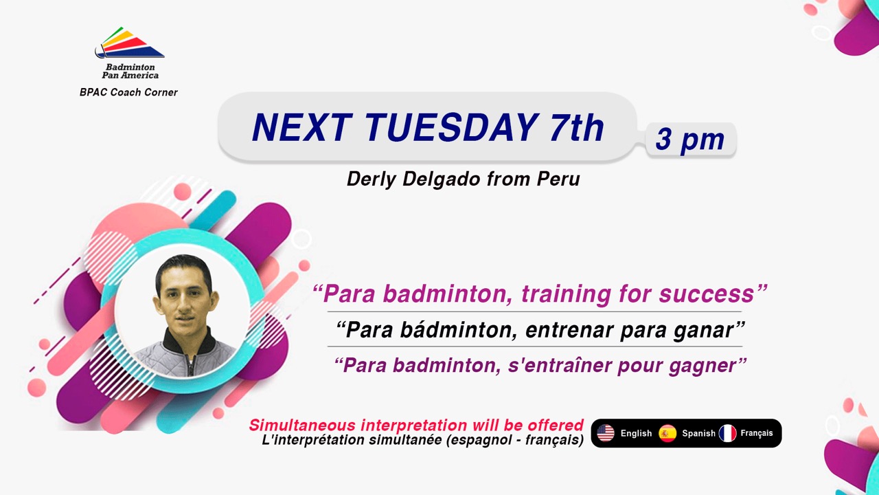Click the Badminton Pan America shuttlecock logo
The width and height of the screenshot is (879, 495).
(130, 43)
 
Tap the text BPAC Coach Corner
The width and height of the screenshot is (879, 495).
(128, 92)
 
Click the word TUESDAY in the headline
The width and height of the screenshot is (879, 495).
(451, 127)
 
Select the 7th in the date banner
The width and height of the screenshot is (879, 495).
(576, 127)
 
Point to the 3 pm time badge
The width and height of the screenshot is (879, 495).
(690, 140)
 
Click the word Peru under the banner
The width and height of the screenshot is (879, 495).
(558, 179)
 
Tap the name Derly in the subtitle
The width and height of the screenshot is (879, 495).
(372, 179)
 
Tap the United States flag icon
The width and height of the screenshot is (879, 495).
(606, 433)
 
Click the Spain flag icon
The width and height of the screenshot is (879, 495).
(667, 433)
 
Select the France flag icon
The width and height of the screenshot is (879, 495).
(727, 433)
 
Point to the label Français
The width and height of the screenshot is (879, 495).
(757, 433)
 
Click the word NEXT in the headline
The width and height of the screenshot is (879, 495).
(303, 127)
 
